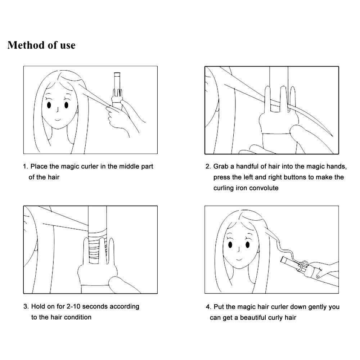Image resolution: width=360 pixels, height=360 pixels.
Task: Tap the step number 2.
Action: pos(208,166)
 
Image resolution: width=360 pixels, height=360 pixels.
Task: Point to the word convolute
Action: pos(264,188)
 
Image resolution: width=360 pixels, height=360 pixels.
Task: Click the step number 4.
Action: pos(208,307)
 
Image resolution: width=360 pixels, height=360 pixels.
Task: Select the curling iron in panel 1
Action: pos(118,92)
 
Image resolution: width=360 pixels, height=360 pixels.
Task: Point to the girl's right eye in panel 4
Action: pos(230,245)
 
